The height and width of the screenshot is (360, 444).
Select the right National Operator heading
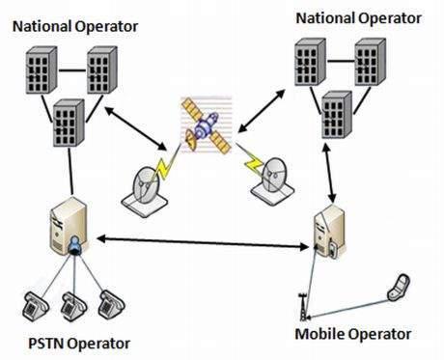click(x=358, y=17)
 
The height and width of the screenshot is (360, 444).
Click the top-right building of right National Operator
click(x=372, y=63)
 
